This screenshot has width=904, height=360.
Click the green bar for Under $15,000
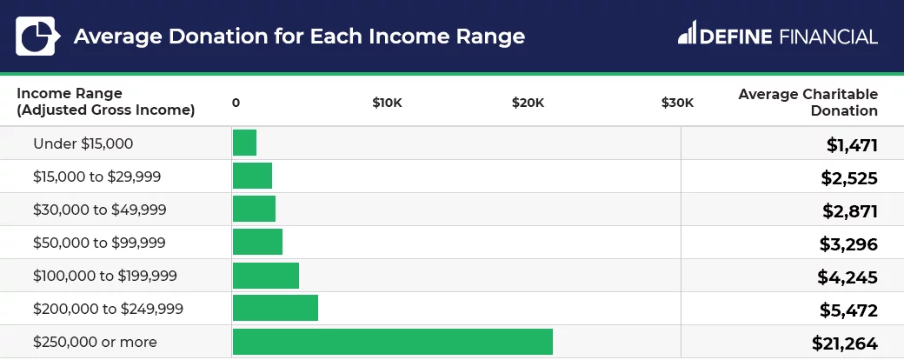click(x=244, y=143)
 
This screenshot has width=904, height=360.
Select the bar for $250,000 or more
click(x=392, y=342)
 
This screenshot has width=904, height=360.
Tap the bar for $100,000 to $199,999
click(x=265, y=276)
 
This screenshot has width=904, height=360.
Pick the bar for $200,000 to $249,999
click(x=275, y=309)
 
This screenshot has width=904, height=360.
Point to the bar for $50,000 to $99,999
click(x=257, y=243)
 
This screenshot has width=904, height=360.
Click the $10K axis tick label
click(x=387, y=103)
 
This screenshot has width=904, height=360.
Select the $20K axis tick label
click(x=528, y=103)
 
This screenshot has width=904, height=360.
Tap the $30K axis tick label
click(x=677, y=103)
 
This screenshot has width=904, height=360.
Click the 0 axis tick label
click(x=236, y=103)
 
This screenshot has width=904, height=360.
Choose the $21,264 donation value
click(x=844, y=343)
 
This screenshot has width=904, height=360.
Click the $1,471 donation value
click(x=852, y=145)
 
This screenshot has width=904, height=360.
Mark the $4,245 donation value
click(x=847, y=277)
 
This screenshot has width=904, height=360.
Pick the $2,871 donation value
click(x=849, y=211)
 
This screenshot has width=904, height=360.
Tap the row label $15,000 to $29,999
click(x=96, y=177)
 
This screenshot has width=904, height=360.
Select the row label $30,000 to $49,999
click(x=99, y=210)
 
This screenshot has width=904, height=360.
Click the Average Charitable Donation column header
click(x=808, y=102)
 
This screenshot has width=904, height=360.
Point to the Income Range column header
click(x=105, y=102)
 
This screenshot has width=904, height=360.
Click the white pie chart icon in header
click(x=37, y=37)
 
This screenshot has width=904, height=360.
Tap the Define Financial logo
click(x=777, y=36)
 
